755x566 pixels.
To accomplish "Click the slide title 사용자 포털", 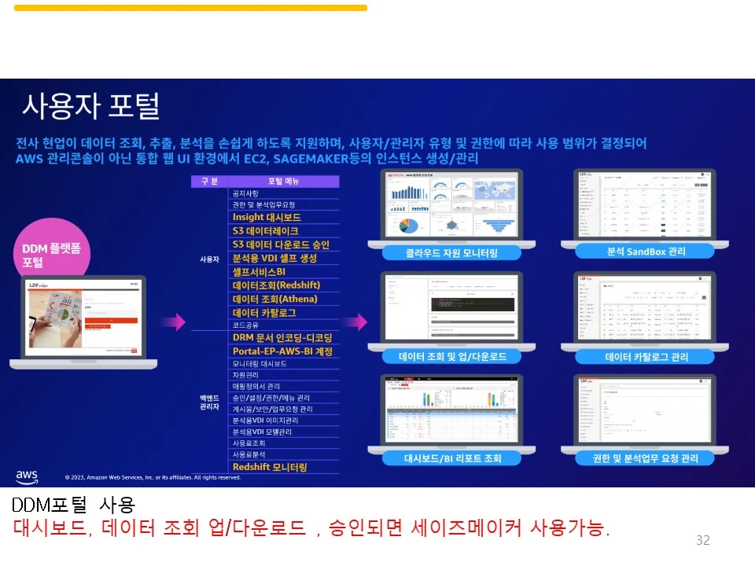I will tap(90, 105).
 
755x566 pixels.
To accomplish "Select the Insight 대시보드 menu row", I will tap(267, 217).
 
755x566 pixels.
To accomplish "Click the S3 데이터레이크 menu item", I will tap(265, 231).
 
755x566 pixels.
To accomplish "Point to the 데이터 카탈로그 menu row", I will tap(264, 313).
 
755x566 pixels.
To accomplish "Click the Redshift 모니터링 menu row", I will tap(270, 467).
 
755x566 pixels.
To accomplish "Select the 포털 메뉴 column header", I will tap(283, 182).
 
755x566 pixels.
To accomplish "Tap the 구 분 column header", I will tap(209, 182).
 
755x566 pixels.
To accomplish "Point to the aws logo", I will tap(27, 476).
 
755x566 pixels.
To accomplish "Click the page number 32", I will tap(702, 540).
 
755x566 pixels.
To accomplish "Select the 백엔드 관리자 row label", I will tap(208, 402).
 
